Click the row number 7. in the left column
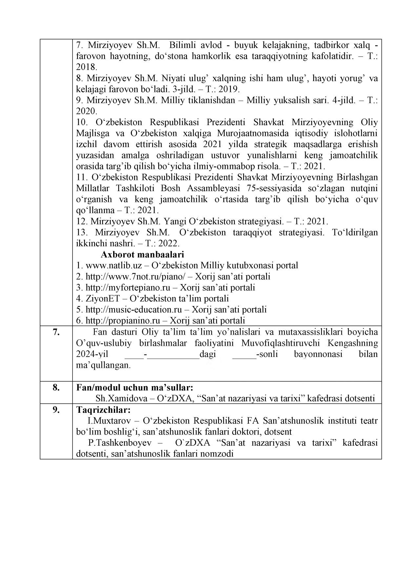(56, 332)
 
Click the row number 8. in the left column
(56, 388)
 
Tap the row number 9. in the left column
(56, 410)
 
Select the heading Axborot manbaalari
(142, 255)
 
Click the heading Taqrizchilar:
(104, 410)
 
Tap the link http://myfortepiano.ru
(128, 288)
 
